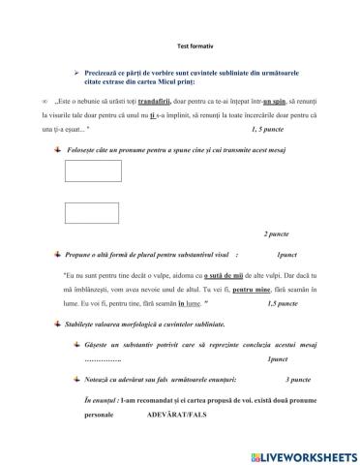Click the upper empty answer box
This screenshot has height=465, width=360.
coord(86,172)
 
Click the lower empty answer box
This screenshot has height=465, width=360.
coord(86,211)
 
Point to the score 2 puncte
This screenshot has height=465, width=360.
coord(281,234)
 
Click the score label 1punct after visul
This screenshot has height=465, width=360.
coord(286,254)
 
